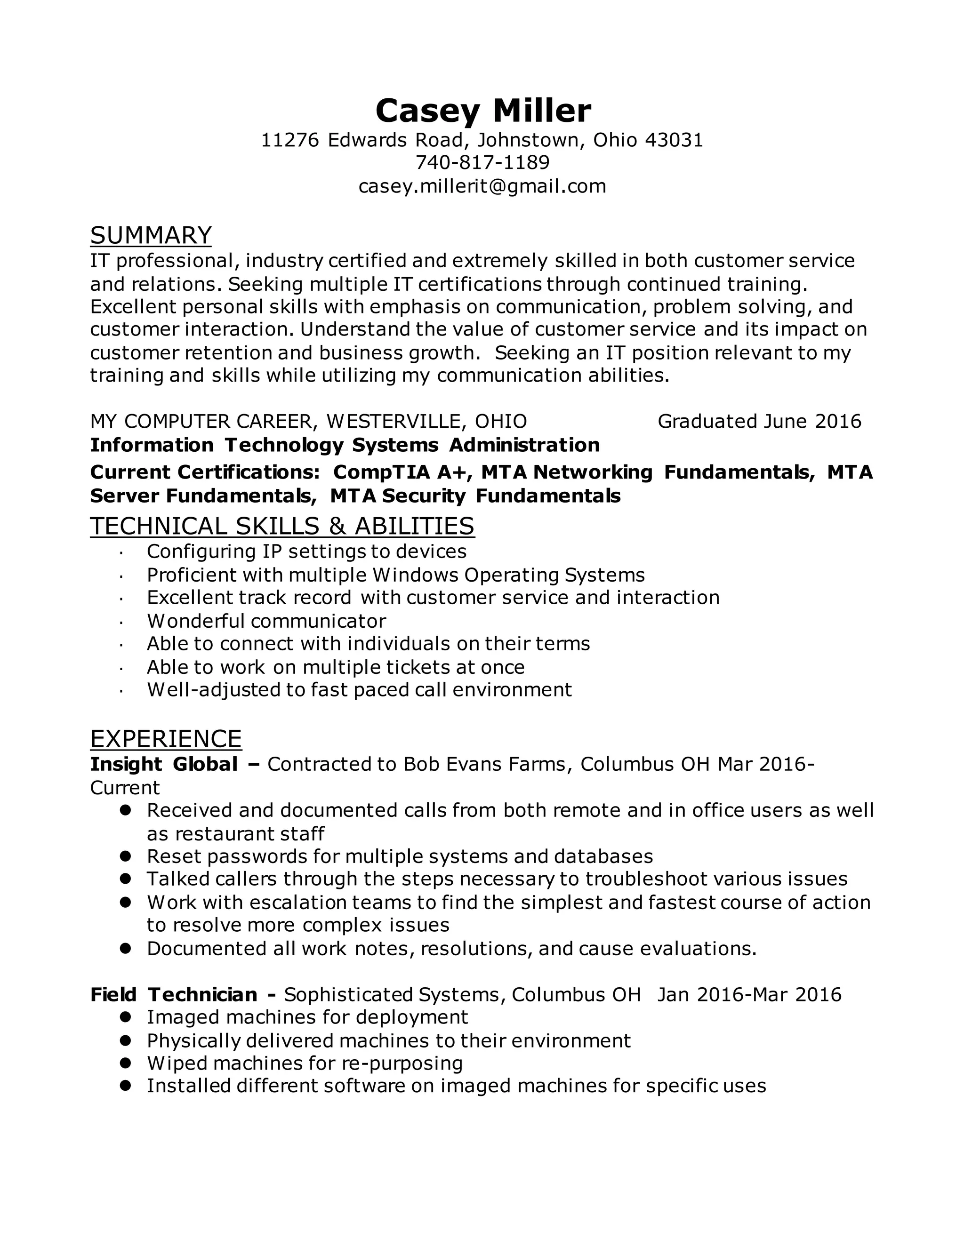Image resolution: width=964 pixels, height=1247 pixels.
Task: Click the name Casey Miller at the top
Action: pyautogui.click(x=483, y=110)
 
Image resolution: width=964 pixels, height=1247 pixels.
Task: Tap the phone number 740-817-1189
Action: pyautogui.click(x=482, y=163)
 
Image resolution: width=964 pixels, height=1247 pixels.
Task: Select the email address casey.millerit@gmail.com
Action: pyautogui.click(x=482, y=186)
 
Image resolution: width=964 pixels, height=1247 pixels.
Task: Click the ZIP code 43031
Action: pyautogui.click(x=674, y=140)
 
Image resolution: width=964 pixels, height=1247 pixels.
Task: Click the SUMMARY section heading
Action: pyautogui.click(x=151, y=235)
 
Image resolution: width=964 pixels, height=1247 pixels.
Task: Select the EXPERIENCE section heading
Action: pyautogui.click(x=166, y=738)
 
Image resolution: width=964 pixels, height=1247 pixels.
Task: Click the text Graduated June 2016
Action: pyautogui.click(x=759, y=421)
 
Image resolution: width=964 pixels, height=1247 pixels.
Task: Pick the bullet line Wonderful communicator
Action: pyautogui.click(x=266, y=621)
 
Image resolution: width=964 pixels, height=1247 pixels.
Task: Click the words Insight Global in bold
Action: pyautogui.click(x=164, y=764)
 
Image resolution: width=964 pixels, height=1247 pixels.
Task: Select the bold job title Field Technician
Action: pyautogui.click(x=174, y=995)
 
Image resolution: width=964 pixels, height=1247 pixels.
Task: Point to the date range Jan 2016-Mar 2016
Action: pyautogui.click(x=749, y=995)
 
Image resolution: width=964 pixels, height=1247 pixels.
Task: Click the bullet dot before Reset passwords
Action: pyautogui.click(x=126, y=856)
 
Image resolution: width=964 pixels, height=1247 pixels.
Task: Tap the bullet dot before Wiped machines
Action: pyautogui.click(x=126, y=1063)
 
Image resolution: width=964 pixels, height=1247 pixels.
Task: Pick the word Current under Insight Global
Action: pyautogui.click(x=125, y=788)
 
